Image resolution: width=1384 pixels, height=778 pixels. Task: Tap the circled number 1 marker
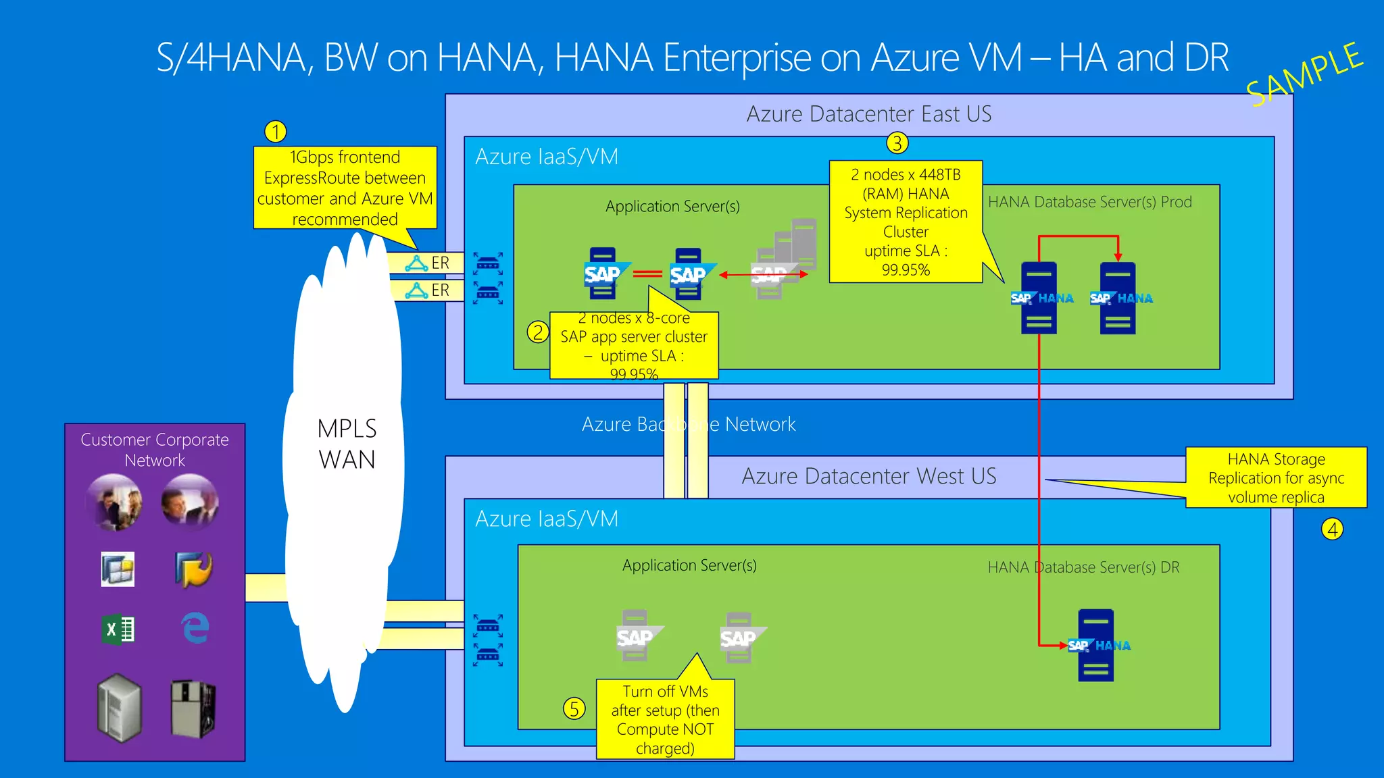point(275,131)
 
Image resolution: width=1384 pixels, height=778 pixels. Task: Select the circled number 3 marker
point(897,143)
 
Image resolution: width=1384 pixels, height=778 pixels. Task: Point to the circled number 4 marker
point(1332,529)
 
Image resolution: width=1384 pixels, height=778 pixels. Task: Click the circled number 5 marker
point(574,708)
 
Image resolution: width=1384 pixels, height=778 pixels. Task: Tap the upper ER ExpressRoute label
point(440,263)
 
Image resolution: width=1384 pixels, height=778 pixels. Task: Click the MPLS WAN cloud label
point(347,444)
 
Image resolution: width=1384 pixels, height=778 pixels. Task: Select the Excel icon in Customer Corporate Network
point(118,630)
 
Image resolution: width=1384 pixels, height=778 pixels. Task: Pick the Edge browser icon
point(195,628)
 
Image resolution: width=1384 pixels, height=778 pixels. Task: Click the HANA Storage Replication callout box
point(1275,477)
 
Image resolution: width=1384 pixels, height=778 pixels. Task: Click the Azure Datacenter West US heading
point(868,476)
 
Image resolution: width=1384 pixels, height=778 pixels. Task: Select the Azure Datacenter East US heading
point(868,113)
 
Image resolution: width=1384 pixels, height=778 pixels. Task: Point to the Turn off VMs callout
point(665,719)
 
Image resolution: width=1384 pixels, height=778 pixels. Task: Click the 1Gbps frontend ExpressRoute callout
point(345,188)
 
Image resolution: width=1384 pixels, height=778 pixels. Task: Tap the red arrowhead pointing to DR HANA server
point(1062,646)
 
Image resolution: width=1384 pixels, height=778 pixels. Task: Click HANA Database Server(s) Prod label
point(1089,202)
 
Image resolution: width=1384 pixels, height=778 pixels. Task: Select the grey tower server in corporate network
point(119,707)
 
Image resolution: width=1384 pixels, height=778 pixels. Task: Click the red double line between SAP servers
point(647,274)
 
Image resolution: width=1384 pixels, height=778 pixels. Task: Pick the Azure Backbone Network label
point(689,424)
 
